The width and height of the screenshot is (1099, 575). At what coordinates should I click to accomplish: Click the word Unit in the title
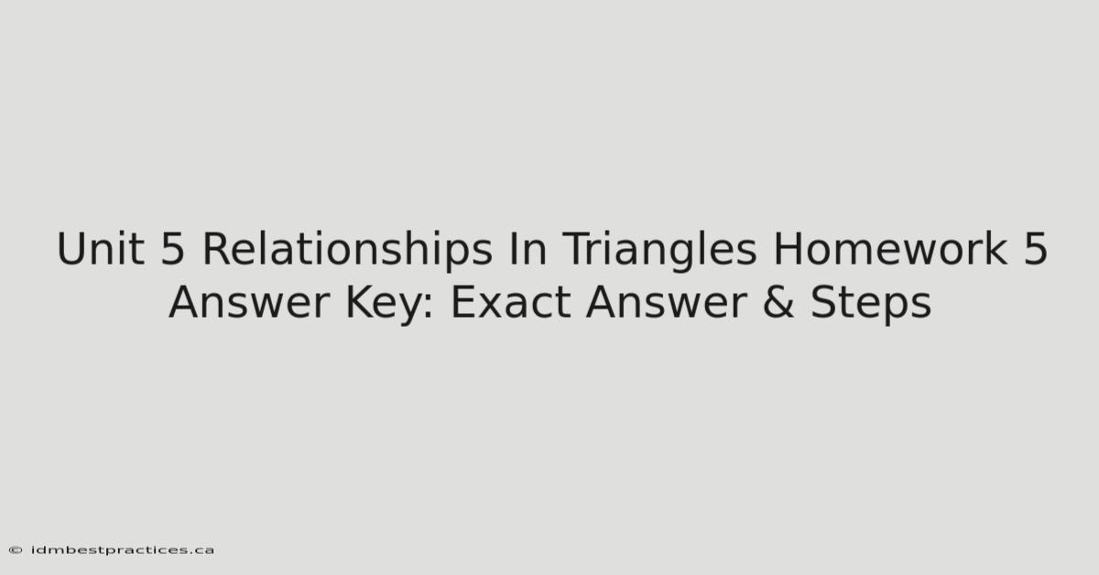pos(101,248)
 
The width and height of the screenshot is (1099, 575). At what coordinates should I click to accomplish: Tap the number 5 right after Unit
pos(172,249)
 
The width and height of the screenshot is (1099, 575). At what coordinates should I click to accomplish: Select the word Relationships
pos(347,250)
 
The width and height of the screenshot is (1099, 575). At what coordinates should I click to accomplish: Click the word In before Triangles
pos(528,249)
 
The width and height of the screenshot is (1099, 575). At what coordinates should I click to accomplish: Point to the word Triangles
pos(659,250)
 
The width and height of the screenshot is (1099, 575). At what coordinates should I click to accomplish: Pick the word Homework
pos(890,248)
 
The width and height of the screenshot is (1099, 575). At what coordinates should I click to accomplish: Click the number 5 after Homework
pos(1035,249)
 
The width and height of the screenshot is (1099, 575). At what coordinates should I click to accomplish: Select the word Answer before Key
pos(249,302)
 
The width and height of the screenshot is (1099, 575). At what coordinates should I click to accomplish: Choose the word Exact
pos(510,302)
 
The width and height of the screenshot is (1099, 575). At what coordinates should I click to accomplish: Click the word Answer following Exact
pos(667,302)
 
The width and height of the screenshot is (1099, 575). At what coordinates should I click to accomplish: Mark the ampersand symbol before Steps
pos(778,302)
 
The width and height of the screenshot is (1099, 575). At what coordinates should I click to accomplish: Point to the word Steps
pos(871,304)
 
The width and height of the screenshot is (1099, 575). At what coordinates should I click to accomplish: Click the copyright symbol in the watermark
pos(16,550)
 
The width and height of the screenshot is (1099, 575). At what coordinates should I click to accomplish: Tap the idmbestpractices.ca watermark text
pos(122,550)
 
